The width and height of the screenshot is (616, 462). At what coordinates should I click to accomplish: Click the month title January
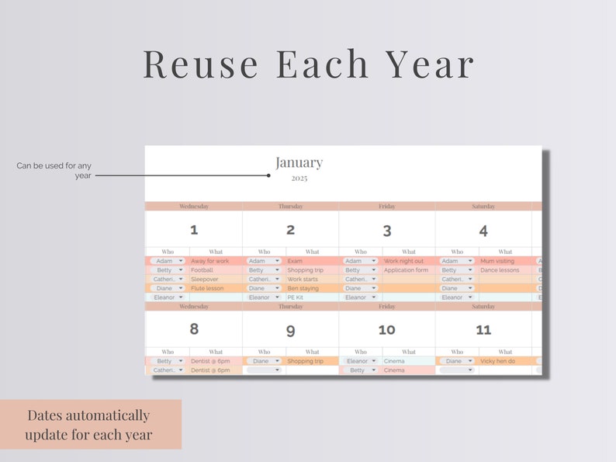pos(299,162)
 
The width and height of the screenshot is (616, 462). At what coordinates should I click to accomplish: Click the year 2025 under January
pos(299,179)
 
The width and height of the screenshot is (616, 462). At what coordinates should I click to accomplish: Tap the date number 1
pos(194,229)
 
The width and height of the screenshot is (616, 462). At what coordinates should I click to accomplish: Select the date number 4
pos(483,231)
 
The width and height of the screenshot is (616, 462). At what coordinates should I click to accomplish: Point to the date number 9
pos(290,330)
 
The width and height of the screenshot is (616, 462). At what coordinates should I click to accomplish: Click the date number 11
pos(483,330)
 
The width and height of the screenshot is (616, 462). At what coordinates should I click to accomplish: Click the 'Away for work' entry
pos(209,261)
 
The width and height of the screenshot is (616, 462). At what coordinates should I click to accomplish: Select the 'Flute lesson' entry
pos(207,288)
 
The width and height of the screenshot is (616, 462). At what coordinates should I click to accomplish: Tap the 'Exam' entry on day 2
pos(295,261)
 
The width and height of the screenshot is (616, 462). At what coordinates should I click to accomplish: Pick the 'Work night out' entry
pos(403,261)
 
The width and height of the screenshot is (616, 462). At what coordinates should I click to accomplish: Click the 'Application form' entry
pos(406,270)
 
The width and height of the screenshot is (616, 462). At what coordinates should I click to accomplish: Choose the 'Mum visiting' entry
pos(497,261)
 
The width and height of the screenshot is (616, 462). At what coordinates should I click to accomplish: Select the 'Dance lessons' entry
pos(500,270)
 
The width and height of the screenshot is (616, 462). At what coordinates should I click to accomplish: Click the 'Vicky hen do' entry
pos(498,361)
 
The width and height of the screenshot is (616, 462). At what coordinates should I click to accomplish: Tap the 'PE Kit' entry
pos(295,297)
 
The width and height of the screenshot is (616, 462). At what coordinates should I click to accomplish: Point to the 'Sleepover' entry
pos(206,279)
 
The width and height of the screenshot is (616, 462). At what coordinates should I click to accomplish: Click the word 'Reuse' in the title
pos(201,64)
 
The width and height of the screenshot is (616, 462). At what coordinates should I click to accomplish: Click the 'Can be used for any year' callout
pos(55,170)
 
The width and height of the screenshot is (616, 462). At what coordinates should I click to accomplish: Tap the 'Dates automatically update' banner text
pos(88,425)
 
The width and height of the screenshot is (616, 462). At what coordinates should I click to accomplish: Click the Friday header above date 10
pos(386,307)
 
